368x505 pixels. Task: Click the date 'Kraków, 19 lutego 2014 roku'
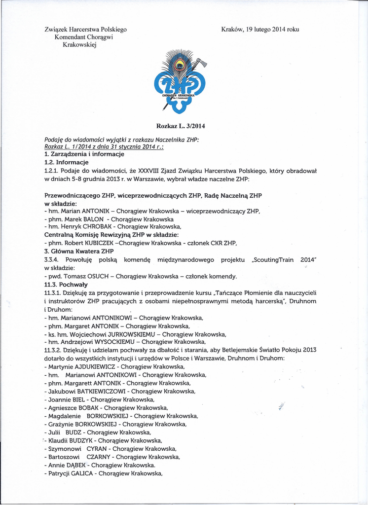pyautogui.click(x=260, y=29)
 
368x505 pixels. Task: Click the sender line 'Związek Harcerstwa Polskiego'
pyautogui.click(x=85, y=29)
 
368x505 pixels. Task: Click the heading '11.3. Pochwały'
pyautogui.click(x=66, y=284)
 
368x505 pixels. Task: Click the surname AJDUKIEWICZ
pyautogui.click(x=94, y=366)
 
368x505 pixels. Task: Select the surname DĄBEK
pyautogui.click(x=75, y=465)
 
